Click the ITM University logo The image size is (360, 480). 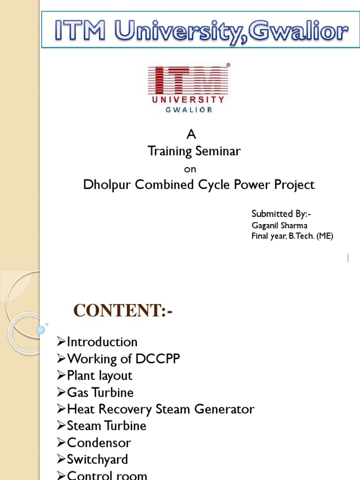[x=188, y=88]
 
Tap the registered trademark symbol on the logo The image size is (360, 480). [x=228, y=66]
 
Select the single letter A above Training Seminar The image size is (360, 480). [x=191, y=135]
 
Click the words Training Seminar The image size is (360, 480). [x=194, y=151]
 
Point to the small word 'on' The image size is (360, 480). [x=190, y=169]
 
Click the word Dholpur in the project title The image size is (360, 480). [x=107, y=185]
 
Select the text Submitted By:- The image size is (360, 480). [x=281, y=214]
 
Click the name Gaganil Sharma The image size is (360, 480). [x=279, y=225]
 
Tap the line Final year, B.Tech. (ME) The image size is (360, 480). [x=292, y=236]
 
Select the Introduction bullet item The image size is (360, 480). [x=102, y=342]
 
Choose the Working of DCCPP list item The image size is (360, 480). [x=123, y=359]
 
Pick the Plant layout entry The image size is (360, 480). [x=100, y=376]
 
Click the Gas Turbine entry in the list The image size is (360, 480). [x=100, y=392]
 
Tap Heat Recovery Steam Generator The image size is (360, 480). [x=160, y=409]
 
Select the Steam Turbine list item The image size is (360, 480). [x=106, y=426]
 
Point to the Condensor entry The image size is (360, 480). [x=99, y=443]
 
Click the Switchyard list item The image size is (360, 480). [x=97, y=459]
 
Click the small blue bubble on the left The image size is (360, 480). [x=41, y=330]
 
